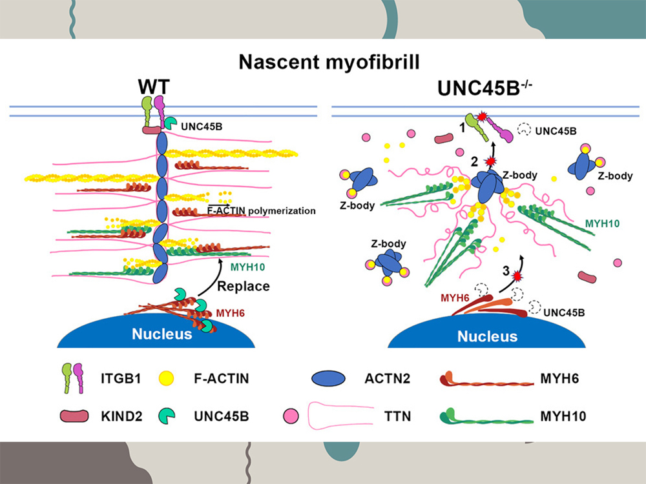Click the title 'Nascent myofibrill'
tap(322, 62)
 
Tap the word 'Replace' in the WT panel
tap(243, 286)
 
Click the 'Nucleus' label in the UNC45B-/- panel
tap(487, 336)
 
